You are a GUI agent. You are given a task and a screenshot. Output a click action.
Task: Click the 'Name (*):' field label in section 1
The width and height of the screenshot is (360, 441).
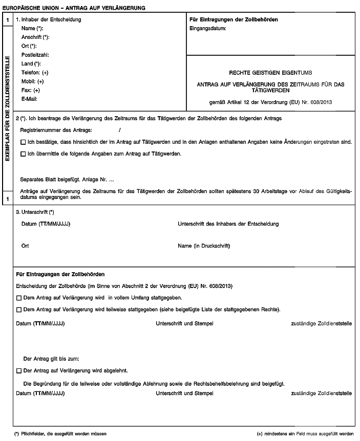click(x=32, y=29)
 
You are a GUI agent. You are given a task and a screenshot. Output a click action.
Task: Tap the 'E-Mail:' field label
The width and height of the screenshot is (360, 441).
click(x=30, y=98)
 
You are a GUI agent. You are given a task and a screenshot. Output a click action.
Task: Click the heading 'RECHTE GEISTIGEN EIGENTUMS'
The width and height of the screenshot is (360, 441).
click(x=271, y=73)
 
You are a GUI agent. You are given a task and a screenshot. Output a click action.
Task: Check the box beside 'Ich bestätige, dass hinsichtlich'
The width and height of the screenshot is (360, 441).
click(x=23, y=141)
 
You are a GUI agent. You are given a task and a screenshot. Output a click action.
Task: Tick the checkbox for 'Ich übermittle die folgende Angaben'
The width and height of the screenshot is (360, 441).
click(x=23, y=153)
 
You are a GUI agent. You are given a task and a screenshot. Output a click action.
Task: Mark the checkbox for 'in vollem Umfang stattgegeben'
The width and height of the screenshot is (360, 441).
click(x=19, y=297)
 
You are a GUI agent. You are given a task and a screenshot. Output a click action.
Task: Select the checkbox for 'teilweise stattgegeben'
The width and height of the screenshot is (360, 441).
click(x=19, y=310)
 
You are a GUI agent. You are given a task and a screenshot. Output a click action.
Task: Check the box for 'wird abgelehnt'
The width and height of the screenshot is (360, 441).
click(x=19, y=370)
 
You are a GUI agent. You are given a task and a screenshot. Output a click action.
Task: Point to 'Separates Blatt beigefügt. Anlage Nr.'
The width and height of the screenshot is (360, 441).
click(x=67, y=180)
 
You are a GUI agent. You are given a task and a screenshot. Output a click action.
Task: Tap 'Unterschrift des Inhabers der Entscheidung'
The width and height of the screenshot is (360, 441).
click(x=228, y=224)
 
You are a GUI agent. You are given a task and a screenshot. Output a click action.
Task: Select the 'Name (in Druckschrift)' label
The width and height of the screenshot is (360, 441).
click(x=204, y=246)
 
